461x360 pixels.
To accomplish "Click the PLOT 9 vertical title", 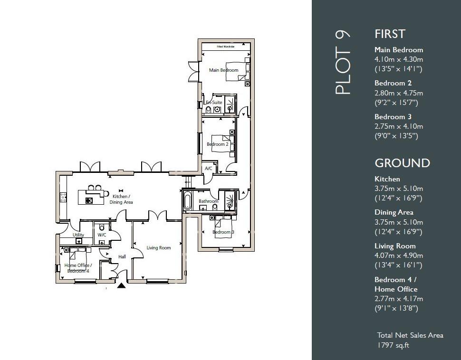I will pyautogui.click(x=343, y=62).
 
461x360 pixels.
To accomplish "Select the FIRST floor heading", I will pyautogui.click(x=390, y=34).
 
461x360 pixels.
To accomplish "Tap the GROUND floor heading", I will pyautogui.click(x=402, y=163).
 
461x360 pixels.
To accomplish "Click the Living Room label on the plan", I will pyautogui.click(x=158, y=248).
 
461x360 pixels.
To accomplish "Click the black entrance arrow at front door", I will pyautogui.click(x=122, y=285).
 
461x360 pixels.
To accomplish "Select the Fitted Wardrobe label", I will pyautogui.click(x=226, y=47).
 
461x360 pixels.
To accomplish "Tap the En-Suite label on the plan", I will pyautogui.click(x=213, y=103).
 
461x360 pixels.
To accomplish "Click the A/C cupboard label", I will pyautogui.click(x=208, y=169).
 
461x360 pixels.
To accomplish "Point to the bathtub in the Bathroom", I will pyautogui.click(x=187, y=201).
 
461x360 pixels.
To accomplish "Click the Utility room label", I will pyautogui.click(x=78, y=235).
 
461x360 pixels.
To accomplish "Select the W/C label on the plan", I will pyautogui.click(x=102, y=235).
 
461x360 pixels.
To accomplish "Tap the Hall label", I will pyautogui.click(x=122, y=257).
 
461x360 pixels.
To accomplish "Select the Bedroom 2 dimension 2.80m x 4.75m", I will pyautogui.click(x=398, y=93).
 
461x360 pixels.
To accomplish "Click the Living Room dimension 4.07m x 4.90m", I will pyautogui.click(x=398, y=256).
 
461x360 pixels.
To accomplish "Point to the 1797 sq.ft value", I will pyautogui.click(x=393, y=345).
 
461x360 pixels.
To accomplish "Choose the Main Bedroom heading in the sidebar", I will pyautogui.click(x=398, y=50).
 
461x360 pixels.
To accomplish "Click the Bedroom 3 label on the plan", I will pyautogui.click(x=223, y=232).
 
